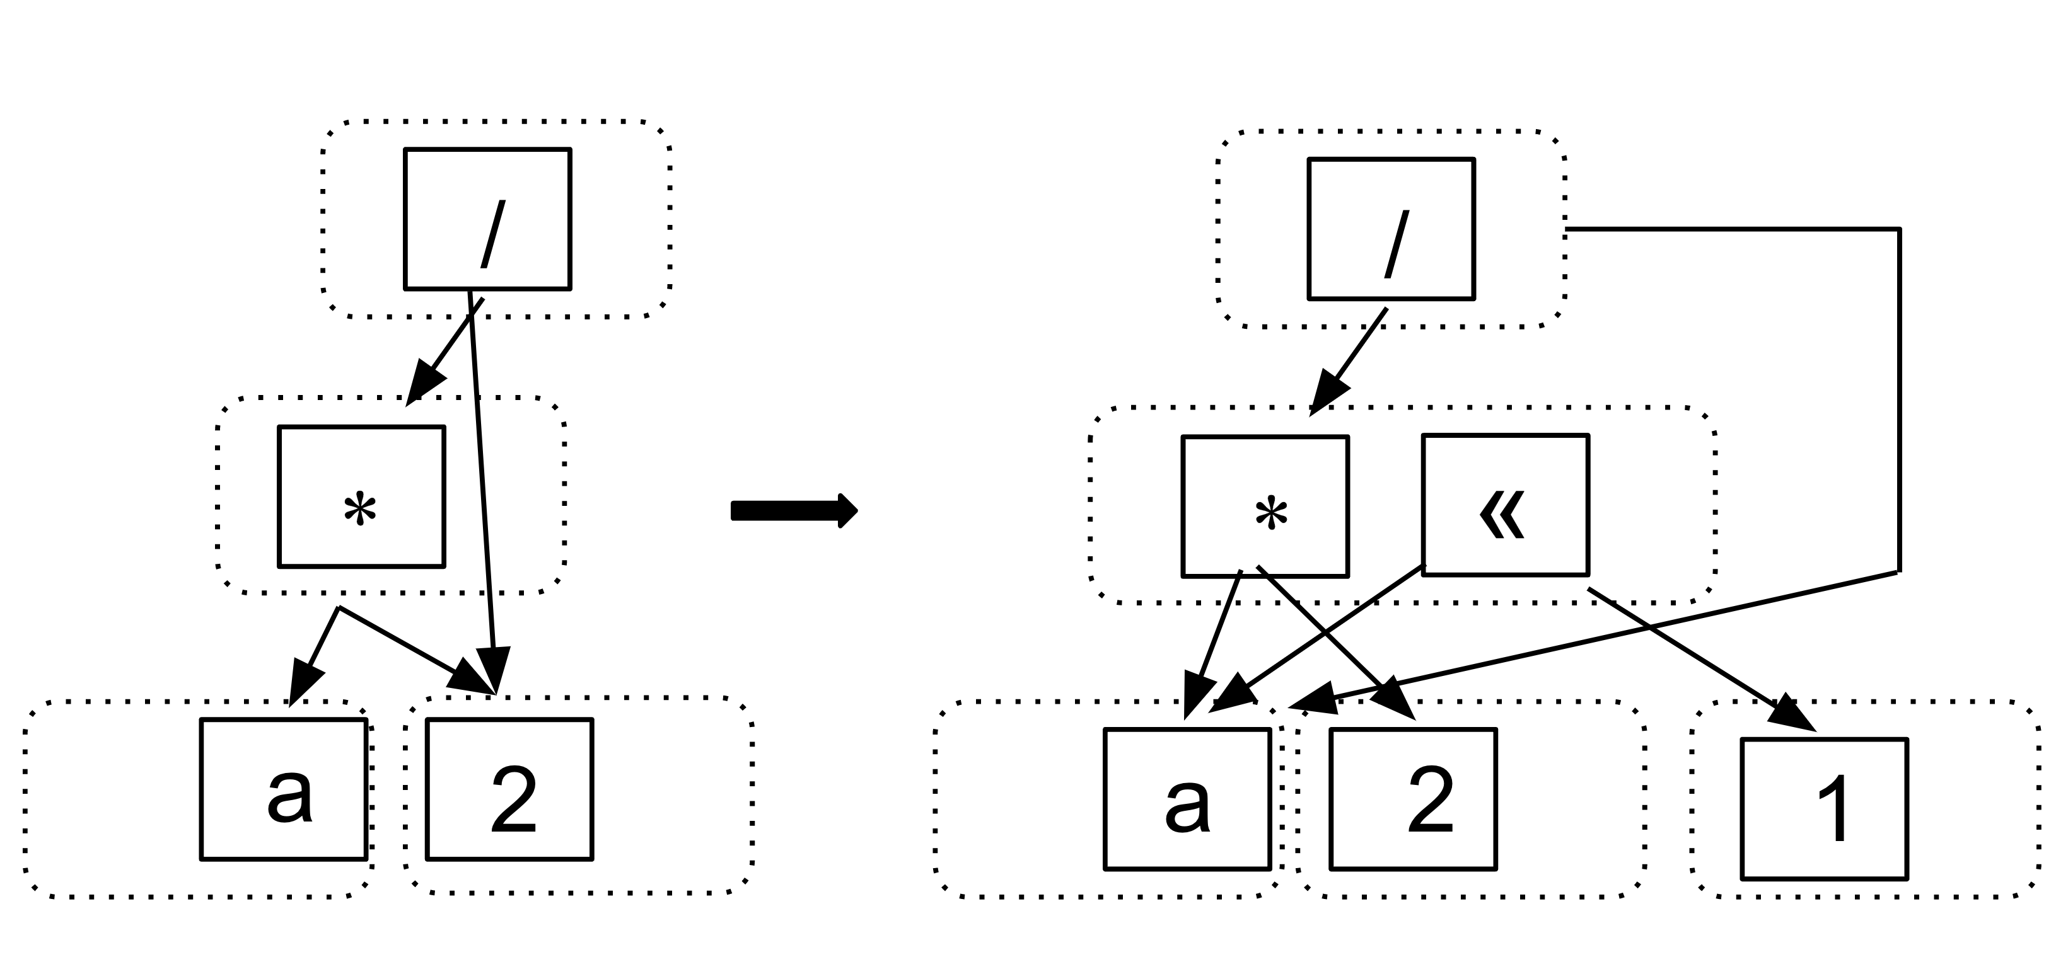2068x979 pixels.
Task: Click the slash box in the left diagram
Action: pyautogui.click(x=487, y=218)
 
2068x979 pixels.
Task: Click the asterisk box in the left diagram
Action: pyautogui.click(x=361, y=496)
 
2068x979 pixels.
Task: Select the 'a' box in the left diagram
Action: pyautogui.click(x=283, y=789)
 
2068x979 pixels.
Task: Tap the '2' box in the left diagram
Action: pyautogui.click(x=510, y=789)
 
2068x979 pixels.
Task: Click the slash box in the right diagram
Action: pyautogui.click(x=1391, y=229)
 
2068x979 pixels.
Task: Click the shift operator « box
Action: pyautogui.click(x=1505, y=505)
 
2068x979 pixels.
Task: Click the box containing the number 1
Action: pyautogui.click(x=1825, y=809)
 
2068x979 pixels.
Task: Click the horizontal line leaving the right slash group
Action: pyautogui.click(x=1726, y=229)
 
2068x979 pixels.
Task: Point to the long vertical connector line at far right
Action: pyautogui.click(x=1900, y=401)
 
